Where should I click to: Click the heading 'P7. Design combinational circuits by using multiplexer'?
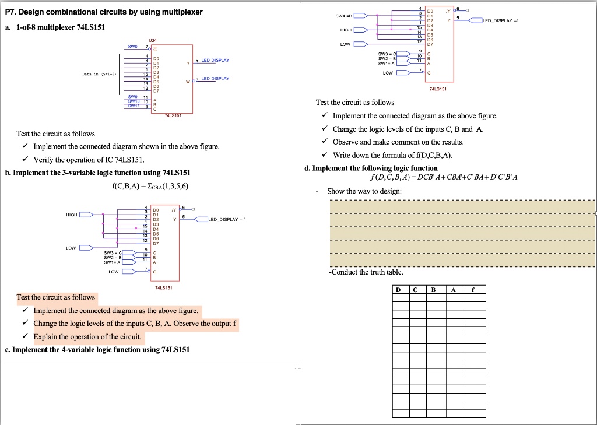104,13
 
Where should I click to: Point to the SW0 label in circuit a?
133,46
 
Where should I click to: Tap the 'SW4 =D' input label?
342,15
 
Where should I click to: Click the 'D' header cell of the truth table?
398,290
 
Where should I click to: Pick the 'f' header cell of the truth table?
474,290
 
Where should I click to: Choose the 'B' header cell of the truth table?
433,290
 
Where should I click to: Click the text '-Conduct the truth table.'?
366,272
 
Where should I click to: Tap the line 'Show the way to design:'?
364,191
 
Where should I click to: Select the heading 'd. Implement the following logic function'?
371,168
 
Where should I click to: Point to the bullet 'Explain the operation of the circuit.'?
87,337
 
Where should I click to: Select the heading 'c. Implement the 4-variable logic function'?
97,350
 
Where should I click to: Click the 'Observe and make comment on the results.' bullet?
398,142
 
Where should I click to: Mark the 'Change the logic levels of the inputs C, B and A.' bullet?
408,129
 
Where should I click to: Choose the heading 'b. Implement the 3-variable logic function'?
98,173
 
